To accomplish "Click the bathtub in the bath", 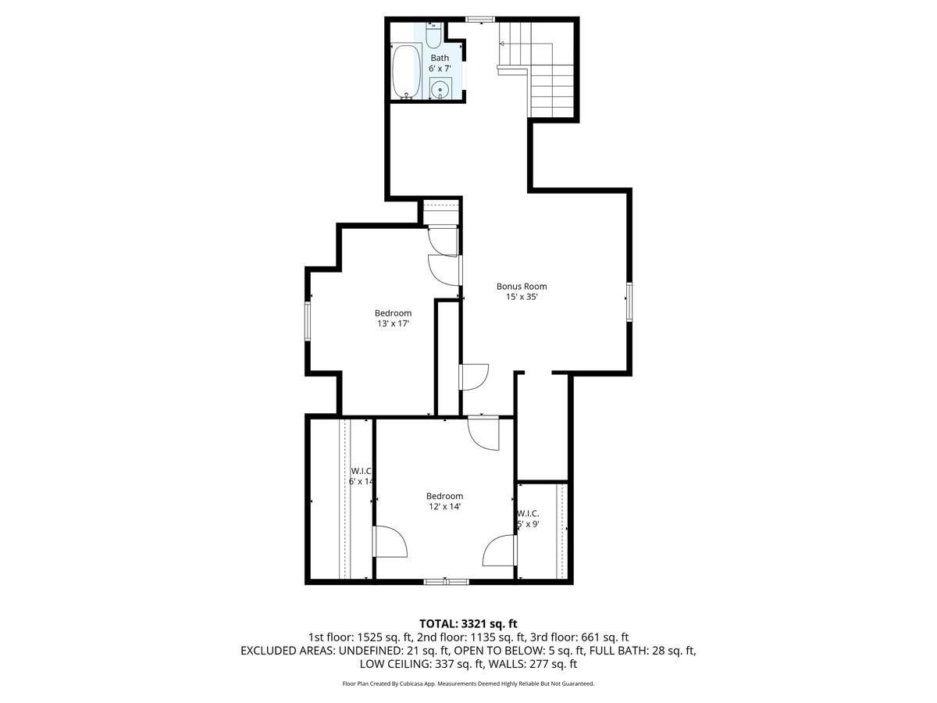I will point(405,72).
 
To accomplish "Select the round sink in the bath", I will point(440,89).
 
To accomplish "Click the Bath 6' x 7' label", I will point(440,63).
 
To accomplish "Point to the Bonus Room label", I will point(522,291).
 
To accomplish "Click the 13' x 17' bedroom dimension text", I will point(393,323).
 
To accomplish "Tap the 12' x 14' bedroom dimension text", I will point(444,506).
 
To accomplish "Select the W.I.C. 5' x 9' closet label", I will point(528,519).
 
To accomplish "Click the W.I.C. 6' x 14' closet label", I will point(361,476).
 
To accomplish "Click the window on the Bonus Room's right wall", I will point(629,302).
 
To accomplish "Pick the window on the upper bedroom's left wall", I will point(308,321).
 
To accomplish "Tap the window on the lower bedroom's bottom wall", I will point(446,581).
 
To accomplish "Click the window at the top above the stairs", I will point(479,19).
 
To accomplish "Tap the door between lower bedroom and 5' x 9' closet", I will point(500,550).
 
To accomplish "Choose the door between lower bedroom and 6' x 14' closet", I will point(390,541).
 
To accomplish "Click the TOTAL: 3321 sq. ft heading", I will point(468,623).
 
